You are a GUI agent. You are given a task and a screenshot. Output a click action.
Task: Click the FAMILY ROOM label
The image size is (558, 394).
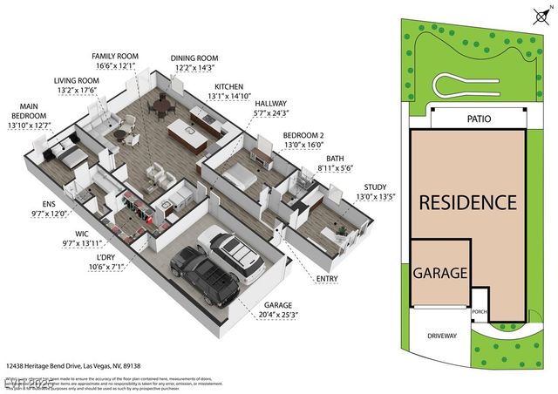click(115, 57)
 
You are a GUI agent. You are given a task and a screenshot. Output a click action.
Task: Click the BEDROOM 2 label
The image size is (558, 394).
click(303, 136)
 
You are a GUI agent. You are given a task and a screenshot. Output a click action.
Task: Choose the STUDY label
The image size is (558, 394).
click(376, 187)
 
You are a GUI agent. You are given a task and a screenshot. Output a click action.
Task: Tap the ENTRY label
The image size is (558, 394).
click(328, 279)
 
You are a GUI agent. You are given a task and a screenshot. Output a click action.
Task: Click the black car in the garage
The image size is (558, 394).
click(206, 272)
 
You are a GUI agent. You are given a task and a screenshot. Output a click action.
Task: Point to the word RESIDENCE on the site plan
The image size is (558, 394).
click(467, 203)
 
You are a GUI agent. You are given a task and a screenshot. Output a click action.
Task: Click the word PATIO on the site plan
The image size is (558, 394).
click(479, 119)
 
